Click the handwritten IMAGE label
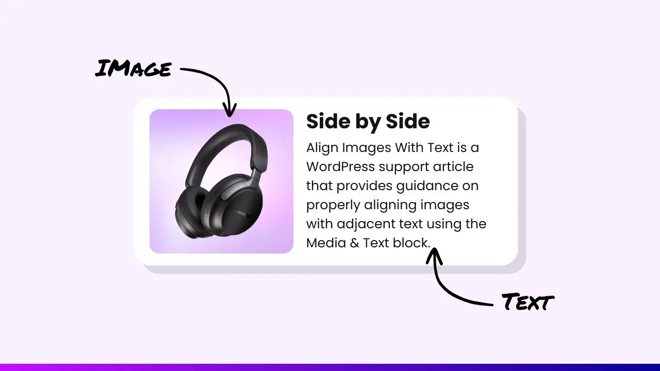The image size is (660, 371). point(133,69)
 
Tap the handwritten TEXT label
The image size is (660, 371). point(527,302)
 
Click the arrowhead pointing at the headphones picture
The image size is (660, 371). point(229,110)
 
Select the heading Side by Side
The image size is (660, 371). point(368,122)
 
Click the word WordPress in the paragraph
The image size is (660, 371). point(340,167)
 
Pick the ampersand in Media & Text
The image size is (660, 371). point(354,243)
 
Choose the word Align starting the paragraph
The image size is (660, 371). point(321,148)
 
